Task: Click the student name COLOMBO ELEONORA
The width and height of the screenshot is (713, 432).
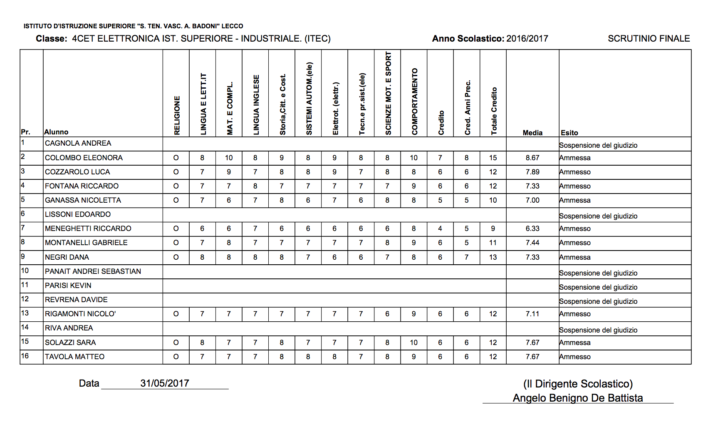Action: pos(84,158)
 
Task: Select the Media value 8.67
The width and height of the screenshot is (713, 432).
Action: pos(532,158)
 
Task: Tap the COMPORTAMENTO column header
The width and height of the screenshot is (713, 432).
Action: pos(414,101)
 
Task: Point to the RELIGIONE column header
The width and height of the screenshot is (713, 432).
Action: pos(177,115)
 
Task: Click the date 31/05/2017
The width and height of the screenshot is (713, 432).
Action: pos(164,383)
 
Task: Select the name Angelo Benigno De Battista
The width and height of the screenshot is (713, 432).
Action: pos(577,398)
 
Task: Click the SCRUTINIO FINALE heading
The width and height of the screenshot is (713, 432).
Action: pos(649,39)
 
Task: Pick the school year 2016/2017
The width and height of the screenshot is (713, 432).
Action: pos(527,39)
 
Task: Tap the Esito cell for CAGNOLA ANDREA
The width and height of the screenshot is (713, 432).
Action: pos(598,145)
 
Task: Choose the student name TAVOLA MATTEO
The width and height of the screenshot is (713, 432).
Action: pos(74,357)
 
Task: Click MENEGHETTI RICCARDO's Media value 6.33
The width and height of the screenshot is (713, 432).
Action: pos(532,228)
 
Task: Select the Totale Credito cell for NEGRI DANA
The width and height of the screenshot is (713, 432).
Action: pos(493,257)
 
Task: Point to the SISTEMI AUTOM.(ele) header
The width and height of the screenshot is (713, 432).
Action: pos(309,98)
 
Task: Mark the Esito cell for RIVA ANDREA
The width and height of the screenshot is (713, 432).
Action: pos(598,330)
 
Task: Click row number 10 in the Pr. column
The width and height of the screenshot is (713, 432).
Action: pos(25,271)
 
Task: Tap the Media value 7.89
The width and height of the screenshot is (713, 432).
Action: pos(532,172)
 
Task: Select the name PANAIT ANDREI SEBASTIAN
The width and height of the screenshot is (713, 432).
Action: pos(93,271)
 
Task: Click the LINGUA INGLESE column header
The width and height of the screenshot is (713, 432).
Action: pos(256,104)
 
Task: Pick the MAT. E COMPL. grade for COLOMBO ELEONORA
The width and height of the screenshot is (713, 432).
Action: pos(229,158)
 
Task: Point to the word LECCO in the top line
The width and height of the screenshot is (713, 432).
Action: pos(232,26)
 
